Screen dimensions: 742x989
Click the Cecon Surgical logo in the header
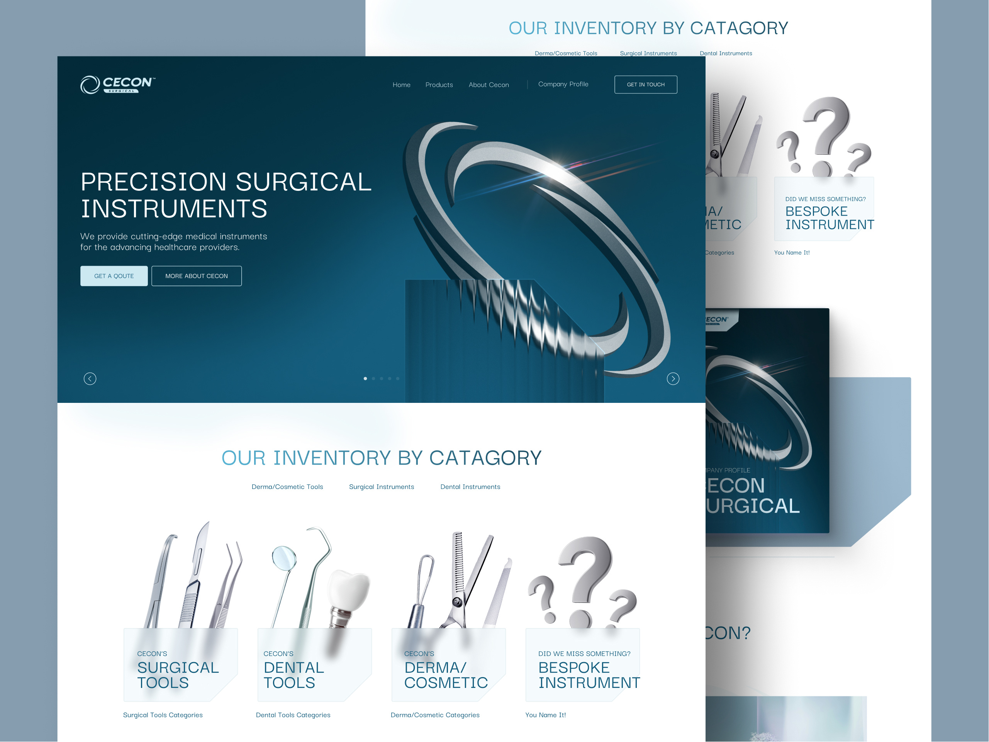click(117, 85)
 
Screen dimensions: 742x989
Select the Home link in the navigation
click(401, 85)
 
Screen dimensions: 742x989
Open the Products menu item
click(439, 85)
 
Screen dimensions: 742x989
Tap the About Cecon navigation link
click(488, 85)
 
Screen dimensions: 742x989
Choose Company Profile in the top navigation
click(563, 84)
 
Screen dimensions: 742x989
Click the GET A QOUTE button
click(114, 276)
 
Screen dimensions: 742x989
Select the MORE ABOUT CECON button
click(196, 276)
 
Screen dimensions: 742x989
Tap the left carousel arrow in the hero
click(90, 379)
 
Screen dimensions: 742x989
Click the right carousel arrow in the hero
click(672, 379)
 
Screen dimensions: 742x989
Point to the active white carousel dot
click(365, 379)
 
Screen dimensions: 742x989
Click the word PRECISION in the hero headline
click(153, 182)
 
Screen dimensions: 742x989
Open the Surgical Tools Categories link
click(163, 715)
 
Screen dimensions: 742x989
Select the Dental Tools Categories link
click(293, 715)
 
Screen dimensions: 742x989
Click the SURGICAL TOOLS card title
click(178, 675)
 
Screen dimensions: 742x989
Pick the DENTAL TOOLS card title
click(293, 675)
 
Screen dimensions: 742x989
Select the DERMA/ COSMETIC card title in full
click(445, 675)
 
